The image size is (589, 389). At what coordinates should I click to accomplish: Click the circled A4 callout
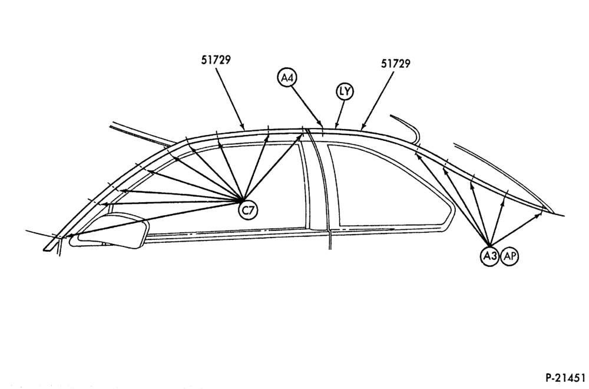287,78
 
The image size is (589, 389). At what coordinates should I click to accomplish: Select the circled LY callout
345,91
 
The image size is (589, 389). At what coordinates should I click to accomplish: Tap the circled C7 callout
249,210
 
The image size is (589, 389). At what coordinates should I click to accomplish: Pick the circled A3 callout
489,256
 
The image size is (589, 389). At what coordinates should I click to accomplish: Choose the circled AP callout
509,256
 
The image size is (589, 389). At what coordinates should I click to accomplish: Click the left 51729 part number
216,60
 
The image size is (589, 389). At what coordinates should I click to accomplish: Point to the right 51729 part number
396,64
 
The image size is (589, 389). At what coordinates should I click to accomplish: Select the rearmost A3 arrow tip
542,213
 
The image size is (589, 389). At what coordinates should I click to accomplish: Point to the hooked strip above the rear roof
408,128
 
